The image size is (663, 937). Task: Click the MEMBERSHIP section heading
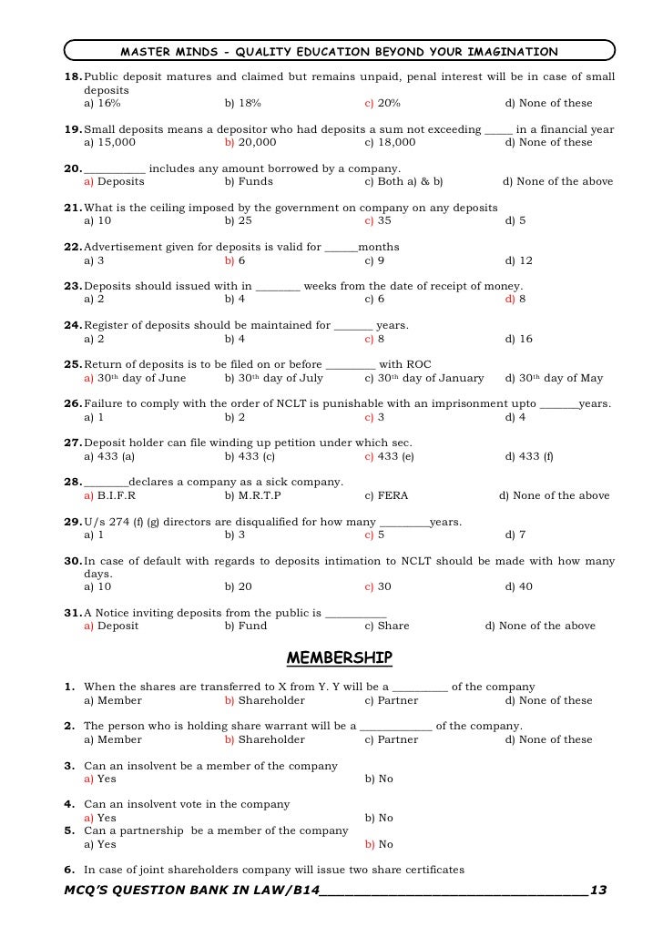339,657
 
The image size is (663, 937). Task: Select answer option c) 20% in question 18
382,103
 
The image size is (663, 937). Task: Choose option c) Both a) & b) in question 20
403,181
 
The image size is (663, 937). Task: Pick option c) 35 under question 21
378,220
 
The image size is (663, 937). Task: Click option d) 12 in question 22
518,260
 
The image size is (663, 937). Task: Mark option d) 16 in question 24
518,339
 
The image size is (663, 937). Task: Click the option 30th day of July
273,378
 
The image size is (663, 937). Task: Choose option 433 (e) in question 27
389,456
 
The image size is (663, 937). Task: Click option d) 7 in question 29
515,535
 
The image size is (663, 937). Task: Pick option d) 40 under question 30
518,586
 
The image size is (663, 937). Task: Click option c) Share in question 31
386,626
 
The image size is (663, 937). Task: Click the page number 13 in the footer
598,888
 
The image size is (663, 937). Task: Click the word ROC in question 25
419,364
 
